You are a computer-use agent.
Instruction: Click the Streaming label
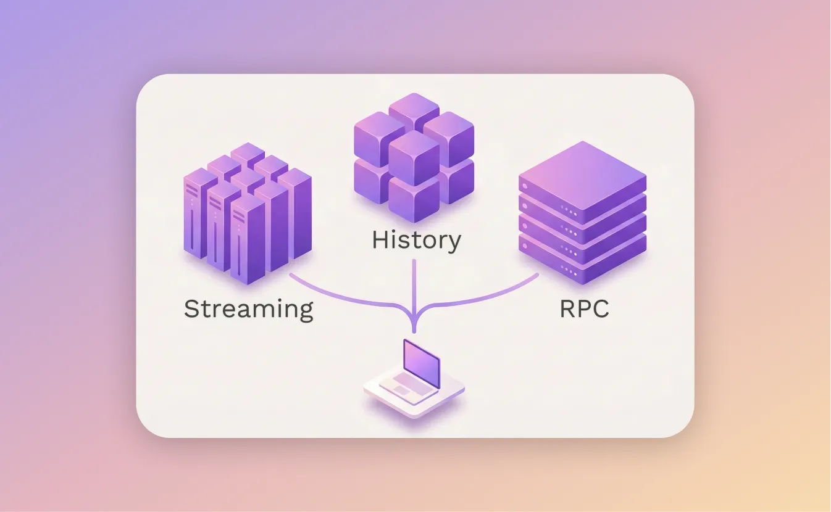[x=248, y=308]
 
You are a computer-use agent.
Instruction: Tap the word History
[x=416, y=239]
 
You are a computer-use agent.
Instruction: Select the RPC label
[x=584, y=308]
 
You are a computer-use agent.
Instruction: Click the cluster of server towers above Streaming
[x=248, y=213]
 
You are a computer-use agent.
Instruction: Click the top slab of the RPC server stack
[x=582, y=176]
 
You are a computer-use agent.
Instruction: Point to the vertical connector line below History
[x=414, y=284]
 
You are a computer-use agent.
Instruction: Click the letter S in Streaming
[x=193, y=308]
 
